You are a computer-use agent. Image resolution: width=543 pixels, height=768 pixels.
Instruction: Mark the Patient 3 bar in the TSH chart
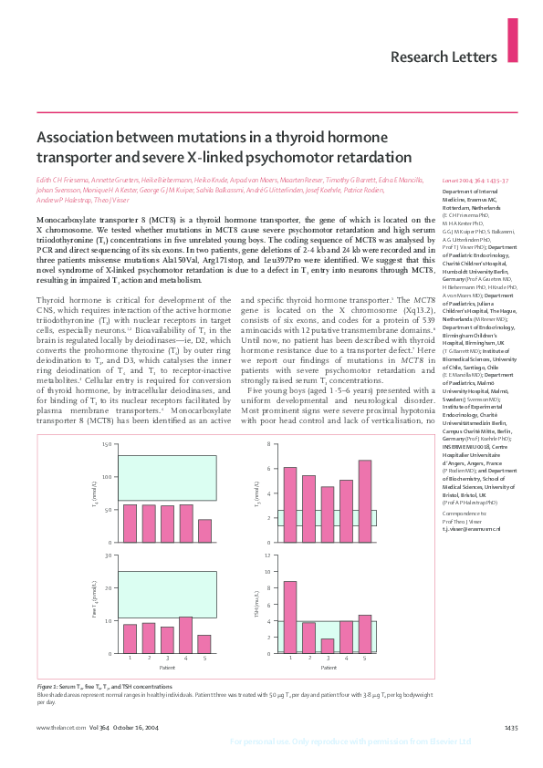(x=328, y=646)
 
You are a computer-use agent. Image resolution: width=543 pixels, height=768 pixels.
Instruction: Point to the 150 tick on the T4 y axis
(x=108, y=444)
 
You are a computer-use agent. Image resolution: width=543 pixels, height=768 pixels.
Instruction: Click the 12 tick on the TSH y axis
(x=269, y=555)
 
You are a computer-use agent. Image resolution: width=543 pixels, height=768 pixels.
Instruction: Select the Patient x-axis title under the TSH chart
(x=328, y=669)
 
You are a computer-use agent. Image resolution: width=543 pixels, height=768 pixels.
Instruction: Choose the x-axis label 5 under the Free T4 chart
(x=204, y=659)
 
